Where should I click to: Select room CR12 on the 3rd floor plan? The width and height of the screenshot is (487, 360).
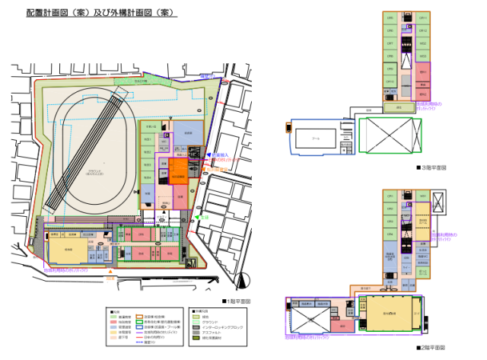(423, 31)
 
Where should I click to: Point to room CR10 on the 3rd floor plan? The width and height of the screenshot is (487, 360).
(390, 81)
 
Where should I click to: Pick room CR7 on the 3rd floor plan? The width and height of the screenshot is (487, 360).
(390, 43)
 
